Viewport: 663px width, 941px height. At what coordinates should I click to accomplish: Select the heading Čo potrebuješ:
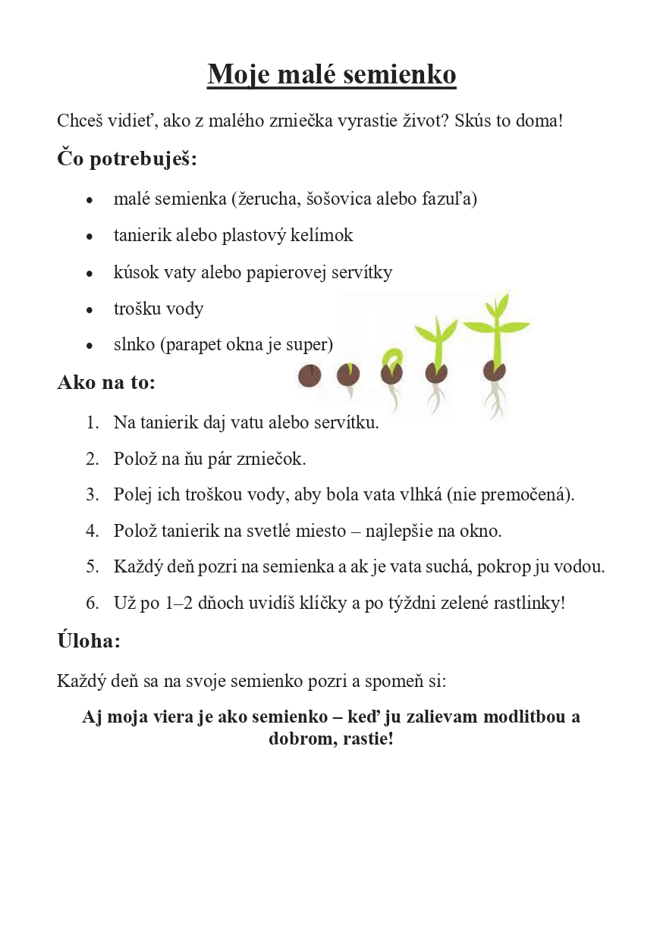click(x=127, y=159)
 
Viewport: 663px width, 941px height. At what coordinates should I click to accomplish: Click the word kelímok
click(x=325, y=236)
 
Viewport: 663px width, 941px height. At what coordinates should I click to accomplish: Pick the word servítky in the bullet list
click(x=362, y=272)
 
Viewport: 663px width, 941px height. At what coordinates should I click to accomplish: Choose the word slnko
click(x=134, y=345)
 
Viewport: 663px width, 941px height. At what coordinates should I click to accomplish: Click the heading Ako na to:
click(x=106, y=382)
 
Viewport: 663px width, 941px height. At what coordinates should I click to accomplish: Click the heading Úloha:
click(x=89, y=641)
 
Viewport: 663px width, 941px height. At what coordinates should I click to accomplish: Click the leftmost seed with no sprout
click(x=309, y=375)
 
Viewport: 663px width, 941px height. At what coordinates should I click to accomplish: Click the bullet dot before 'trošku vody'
click(x=90, y=310)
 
